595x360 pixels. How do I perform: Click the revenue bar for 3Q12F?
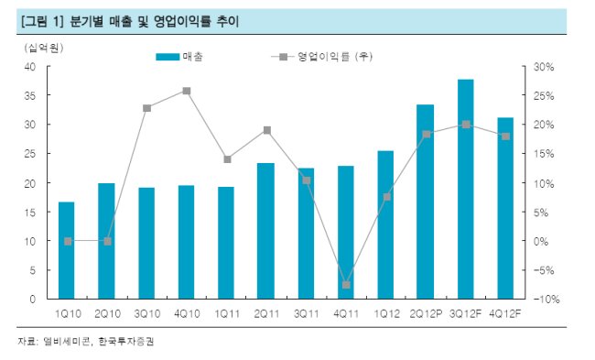(x=466, y=189)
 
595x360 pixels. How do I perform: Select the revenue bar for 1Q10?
(x=67, y=250)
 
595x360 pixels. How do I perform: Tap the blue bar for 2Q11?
(x=265, y=231)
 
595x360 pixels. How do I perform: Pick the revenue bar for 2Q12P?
(x=425, y=202)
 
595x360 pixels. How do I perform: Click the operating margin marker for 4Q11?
(x=346, y=285)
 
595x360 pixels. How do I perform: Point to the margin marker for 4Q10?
(x=187, y=91)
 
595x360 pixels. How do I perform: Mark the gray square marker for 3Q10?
(x=146, y=108)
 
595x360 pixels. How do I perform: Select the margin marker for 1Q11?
(x=227, y=159)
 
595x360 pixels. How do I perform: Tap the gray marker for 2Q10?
(x=107, y=242)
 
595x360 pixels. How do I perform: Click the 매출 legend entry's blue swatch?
(x=168, y=57)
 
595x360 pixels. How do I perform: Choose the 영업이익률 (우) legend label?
(x=335, y=57)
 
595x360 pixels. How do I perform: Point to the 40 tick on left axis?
(x=30, y=67)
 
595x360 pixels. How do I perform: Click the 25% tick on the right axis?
(x=544, y=96)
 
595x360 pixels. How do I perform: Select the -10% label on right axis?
(x=546, y=300)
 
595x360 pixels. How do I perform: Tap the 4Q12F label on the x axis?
(x=505, y=314)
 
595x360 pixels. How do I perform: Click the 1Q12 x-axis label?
(x=386, y=314)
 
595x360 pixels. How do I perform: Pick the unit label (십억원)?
(x=43, y=48)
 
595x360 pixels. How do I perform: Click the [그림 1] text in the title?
(x=42, y=21)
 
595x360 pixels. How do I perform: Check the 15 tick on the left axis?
(x=30, y=213)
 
